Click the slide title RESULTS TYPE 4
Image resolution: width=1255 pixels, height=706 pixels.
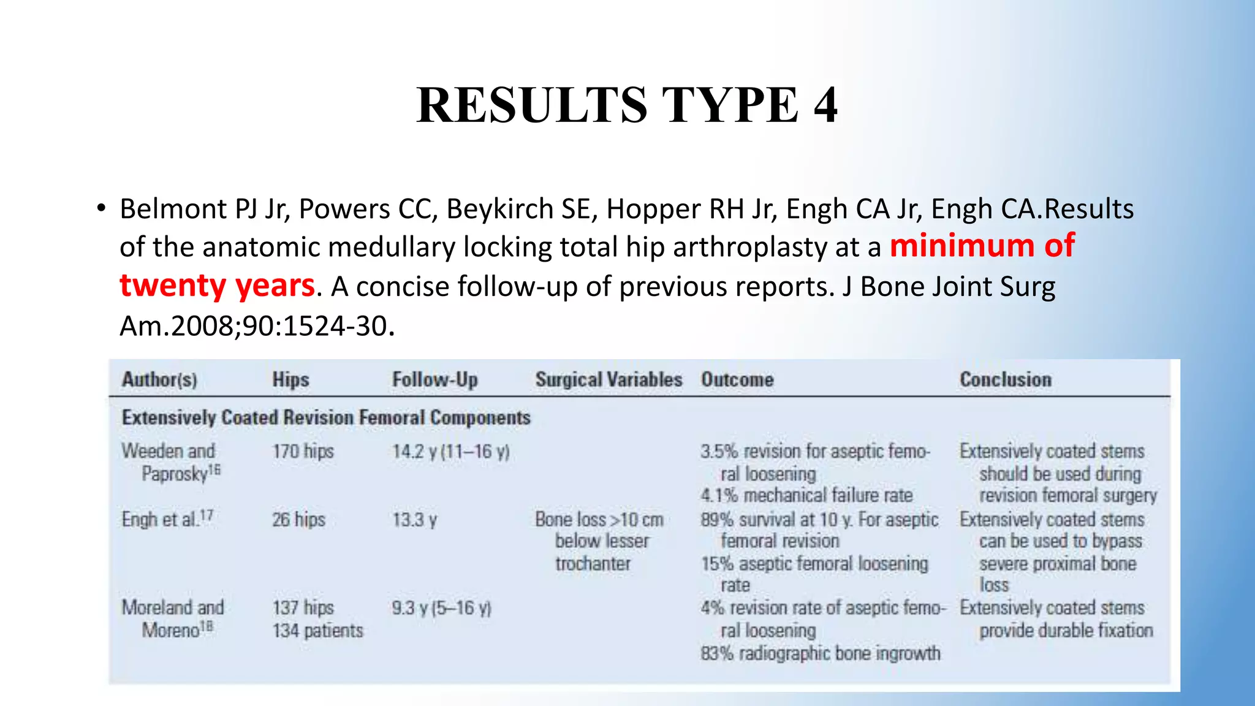coord(627,105)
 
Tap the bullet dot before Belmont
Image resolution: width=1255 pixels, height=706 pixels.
coord(101,208)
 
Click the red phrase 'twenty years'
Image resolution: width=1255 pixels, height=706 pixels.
coord(217,286)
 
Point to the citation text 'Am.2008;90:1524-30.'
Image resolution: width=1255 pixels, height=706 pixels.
coord(257,325)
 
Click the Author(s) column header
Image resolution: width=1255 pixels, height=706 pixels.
coord(159,379)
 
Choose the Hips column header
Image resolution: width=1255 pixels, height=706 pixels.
coord(290,379)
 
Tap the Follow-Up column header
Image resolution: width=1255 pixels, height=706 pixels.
coord(434,379)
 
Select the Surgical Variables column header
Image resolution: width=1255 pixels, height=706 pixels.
coord(609,379)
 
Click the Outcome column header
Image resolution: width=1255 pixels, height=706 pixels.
coord(737,379)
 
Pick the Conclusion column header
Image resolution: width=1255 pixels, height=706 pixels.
coord(1005,379)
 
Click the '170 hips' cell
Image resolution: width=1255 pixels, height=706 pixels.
coord(303,452)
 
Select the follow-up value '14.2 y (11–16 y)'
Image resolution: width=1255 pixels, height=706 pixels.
coord(451,452)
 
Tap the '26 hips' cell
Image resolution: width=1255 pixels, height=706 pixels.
coord(298,520)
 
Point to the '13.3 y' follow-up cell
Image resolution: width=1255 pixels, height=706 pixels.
coord(414,520)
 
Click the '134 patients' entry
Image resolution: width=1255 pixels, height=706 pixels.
coord(317,631)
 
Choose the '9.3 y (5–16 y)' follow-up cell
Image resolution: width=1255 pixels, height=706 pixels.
coord(442,608)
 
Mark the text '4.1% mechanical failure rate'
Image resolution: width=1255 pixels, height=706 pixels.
coord(806,495)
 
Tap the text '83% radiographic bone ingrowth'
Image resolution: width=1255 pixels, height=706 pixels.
coord(821,653)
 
